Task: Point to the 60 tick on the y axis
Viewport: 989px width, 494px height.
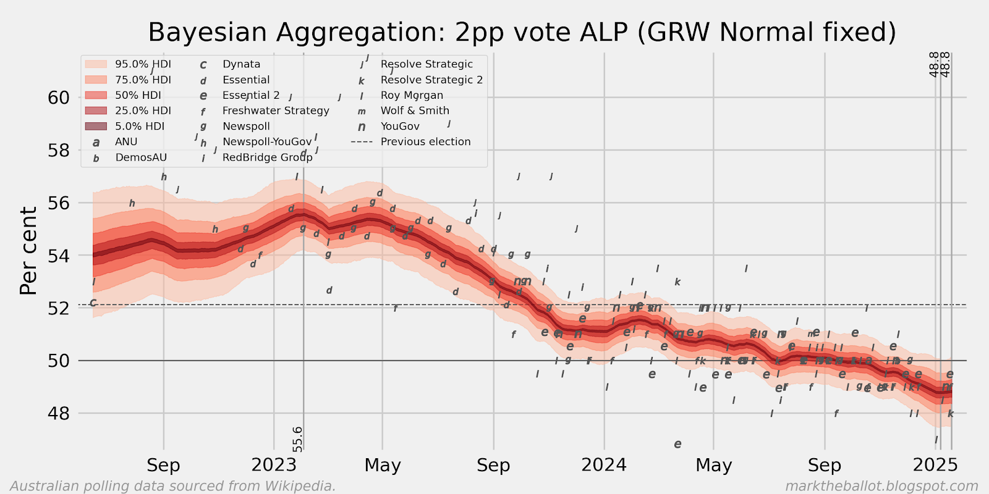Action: coord(59,98)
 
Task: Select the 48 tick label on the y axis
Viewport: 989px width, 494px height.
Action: coord(59,413)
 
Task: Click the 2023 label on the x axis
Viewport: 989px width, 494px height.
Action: coord(274,465)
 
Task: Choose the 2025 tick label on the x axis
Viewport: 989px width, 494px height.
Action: coord(935,465)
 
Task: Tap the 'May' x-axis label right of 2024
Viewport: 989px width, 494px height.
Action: coord(713,465)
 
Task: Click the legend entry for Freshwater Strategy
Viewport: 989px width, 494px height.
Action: coord(276,111)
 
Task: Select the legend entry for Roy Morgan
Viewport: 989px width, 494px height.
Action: coord(412,95)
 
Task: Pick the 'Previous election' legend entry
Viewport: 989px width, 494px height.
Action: coord(425,141)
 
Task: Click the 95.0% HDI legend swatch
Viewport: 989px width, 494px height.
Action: coord(96,64)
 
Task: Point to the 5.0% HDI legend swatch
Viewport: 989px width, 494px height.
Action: coord(96,126)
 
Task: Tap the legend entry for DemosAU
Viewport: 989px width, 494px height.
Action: coord(141,157)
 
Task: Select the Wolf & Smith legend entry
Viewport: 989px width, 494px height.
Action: coord(415,111)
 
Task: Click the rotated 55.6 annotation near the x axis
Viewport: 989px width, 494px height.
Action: coord(298,438)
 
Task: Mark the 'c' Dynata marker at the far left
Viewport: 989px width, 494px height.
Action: coord(93,303)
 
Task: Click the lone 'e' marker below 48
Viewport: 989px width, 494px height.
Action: coord(677,444)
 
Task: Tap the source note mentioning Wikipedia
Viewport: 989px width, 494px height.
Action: coord(173,486)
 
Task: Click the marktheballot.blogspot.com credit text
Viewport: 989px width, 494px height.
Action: coord(881,486)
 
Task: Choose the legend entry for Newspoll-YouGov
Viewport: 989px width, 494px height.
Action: coord(267,141)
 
